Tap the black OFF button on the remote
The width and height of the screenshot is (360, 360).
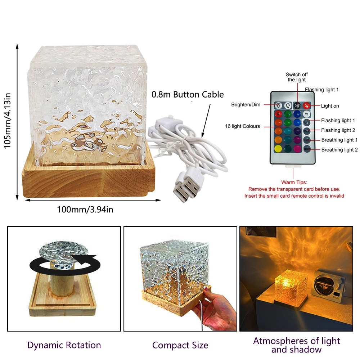(x=297, y=106)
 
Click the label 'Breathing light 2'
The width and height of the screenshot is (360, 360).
(x=339, y=150)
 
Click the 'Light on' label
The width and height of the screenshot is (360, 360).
(x=330, y=106)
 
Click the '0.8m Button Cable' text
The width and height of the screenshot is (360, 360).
(x=188, y=95)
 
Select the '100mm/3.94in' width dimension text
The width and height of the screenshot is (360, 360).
(x=85, y=209)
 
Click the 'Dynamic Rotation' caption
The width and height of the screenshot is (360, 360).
(x=64, y=345)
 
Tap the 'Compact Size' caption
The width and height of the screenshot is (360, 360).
(x=180, y=346)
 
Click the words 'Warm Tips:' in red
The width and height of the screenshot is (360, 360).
(x=294, y=183)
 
